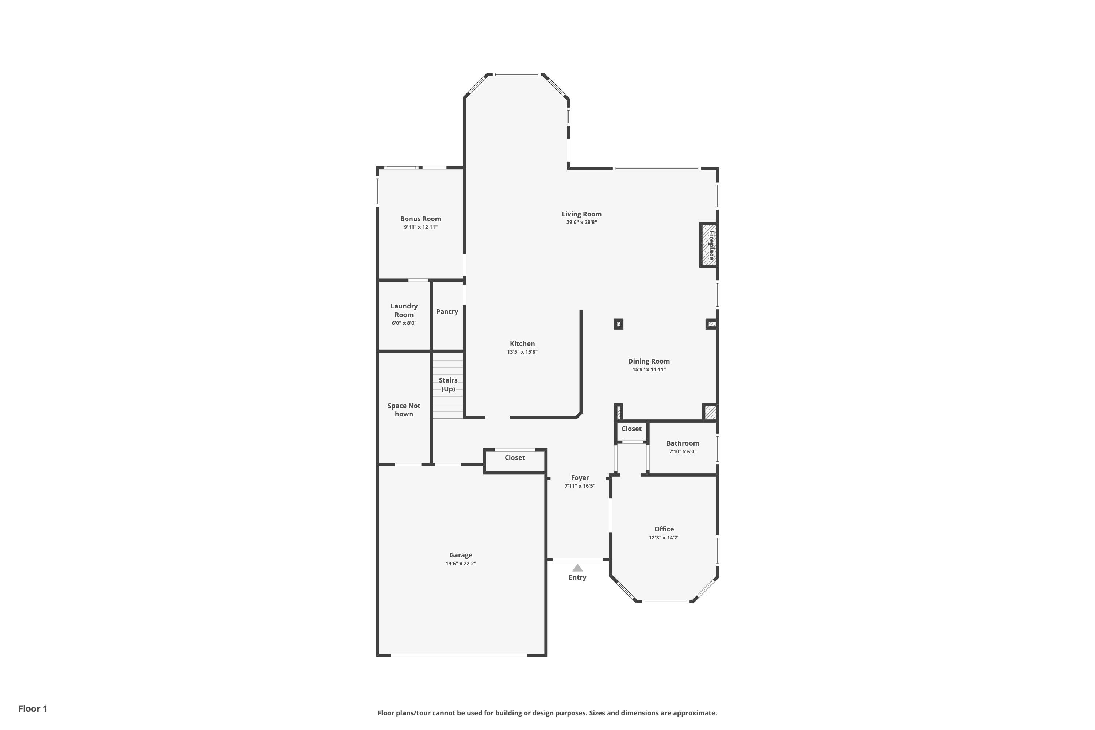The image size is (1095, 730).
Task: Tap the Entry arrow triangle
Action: click(577, 568)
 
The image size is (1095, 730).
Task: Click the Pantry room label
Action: click(447, 311)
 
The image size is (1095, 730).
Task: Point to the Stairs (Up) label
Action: click(448, 385)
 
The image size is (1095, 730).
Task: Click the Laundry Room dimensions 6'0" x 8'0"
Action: click(404, 323)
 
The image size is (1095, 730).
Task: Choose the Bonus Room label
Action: click(420, 219)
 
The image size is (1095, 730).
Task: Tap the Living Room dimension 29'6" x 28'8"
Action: click(581, 223)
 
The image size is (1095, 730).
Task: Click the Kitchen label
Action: click(522, 343)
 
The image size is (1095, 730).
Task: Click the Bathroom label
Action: click(683, 443)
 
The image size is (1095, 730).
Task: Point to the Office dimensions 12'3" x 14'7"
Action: click(664, 538)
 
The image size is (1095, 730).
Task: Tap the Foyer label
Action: click(580, 478)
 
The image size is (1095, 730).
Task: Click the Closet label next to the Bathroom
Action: click(631, 429)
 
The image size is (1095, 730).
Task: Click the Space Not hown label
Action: click(404, 410)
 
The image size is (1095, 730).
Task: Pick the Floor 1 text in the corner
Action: click(32, 708)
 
